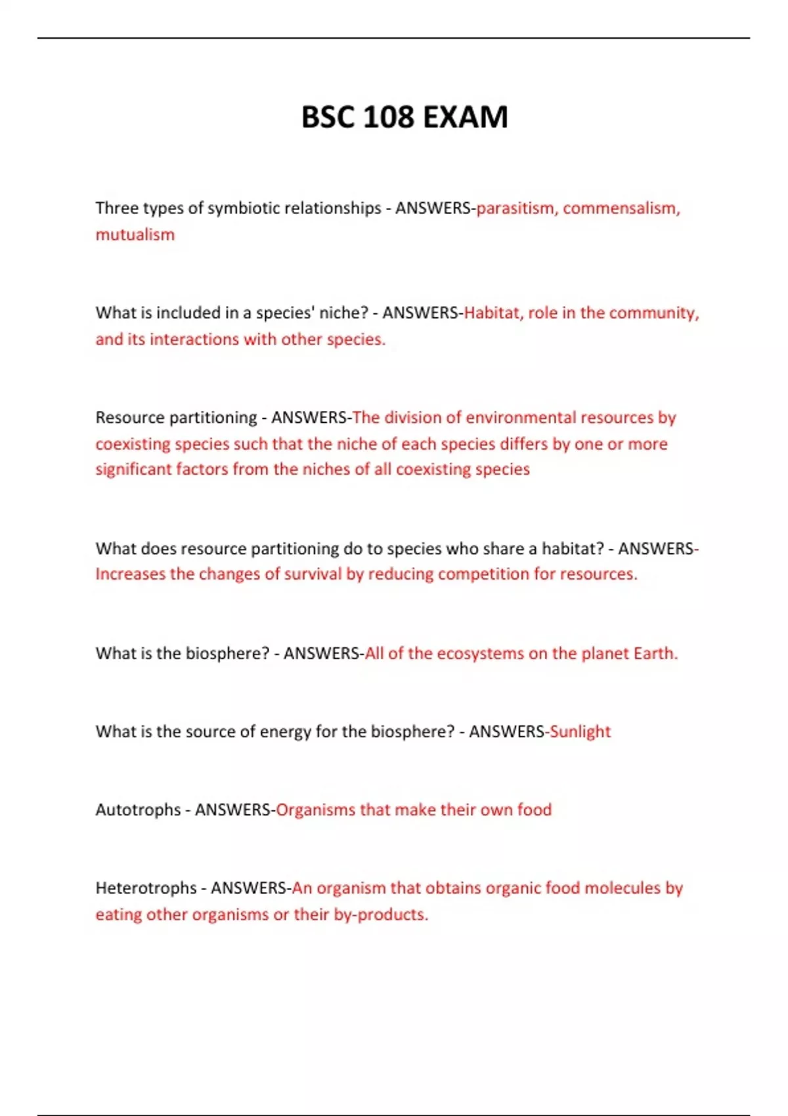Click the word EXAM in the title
[x=466, y=118]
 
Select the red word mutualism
[x=135, y=234]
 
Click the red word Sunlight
[x=580, y=731]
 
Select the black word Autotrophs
[x=138, y=809]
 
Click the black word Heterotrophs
[x=146, y=888]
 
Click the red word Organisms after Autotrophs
[x=315, y=809]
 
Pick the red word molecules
[x=623, y=888]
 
